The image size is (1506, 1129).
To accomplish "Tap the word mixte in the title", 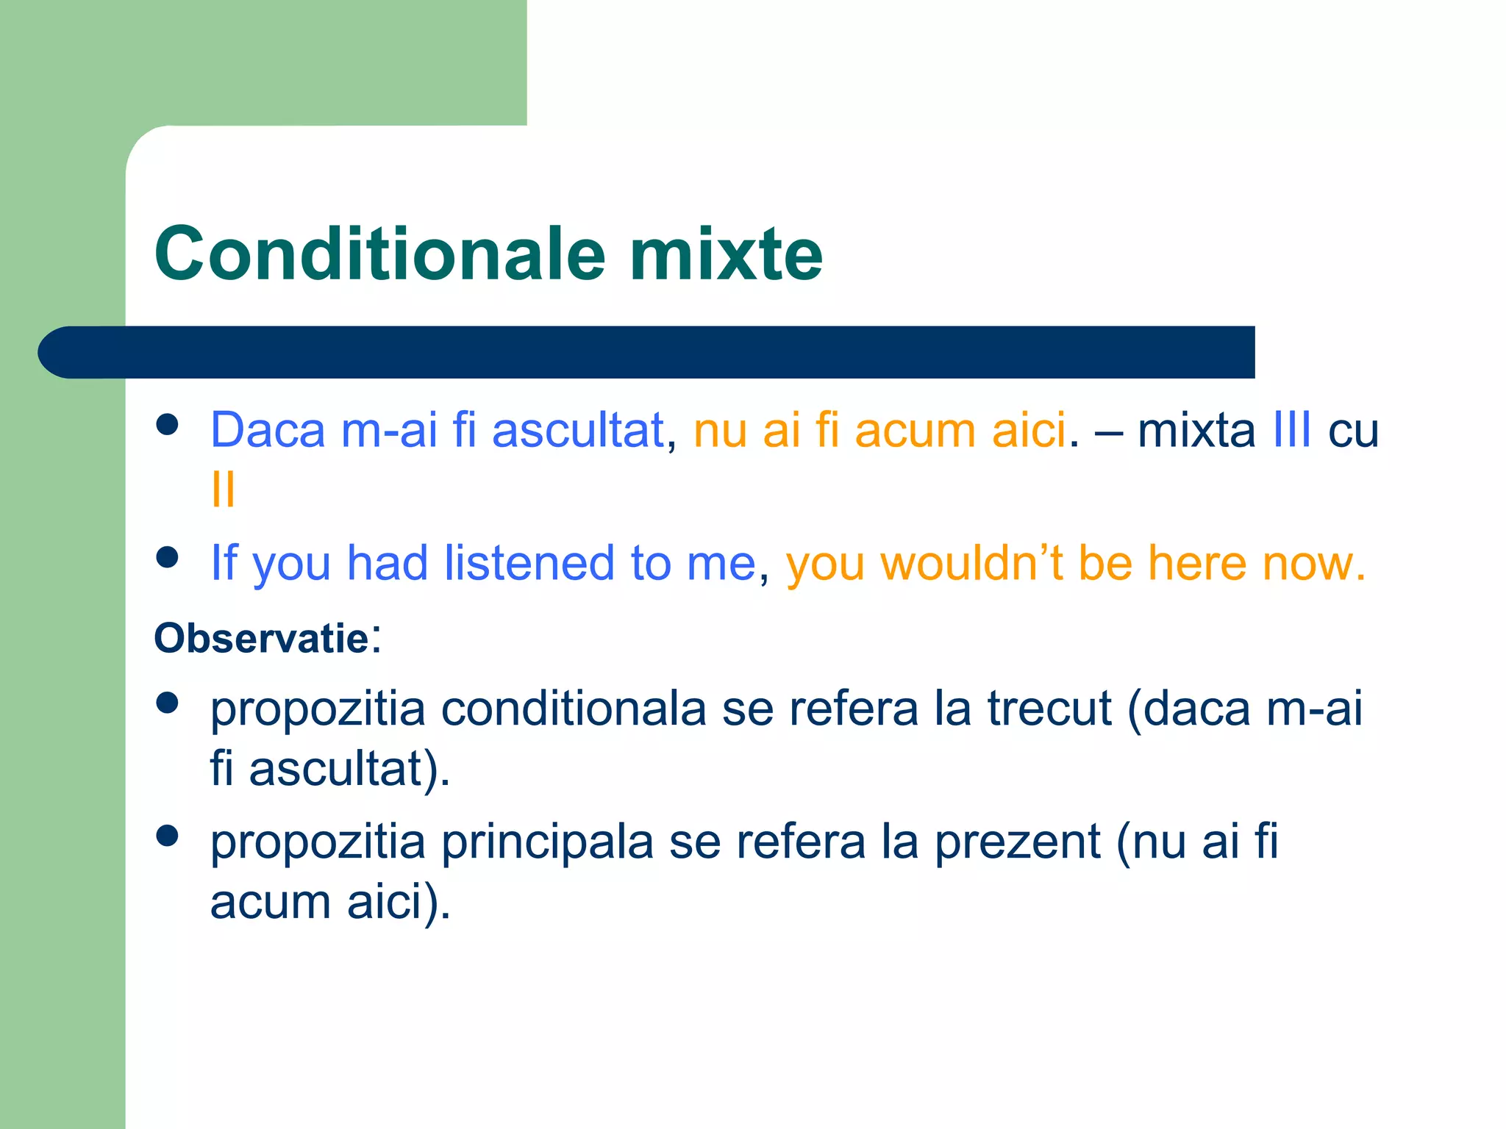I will [x=726, y=254].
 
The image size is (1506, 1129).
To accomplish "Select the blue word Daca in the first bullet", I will [x=268, y=430].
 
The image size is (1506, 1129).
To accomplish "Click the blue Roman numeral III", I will [x=1291, y=430].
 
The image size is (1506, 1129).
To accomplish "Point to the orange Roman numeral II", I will [x=223, y=490].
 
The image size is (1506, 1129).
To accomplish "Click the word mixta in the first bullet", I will [x=1196, y=430].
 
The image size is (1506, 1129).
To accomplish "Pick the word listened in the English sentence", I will [x=529, y=564].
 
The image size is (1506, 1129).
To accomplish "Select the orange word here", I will [x=1196, y=564].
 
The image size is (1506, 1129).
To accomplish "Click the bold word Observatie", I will [x=261, y=638].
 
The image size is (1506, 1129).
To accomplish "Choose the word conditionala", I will [x=574, y=709].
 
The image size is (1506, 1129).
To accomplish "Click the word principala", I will [x=547, y=842].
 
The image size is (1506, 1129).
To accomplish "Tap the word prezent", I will [x=1017, y=842].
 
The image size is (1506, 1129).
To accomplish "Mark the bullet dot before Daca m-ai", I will [x=168, y=425].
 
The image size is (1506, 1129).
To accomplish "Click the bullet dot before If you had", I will [x=168, y=557].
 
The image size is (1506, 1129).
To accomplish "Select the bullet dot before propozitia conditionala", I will [x=168, y=703].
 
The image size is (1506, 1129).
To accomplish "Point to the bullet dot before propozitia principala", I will [x=168, y=836].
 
